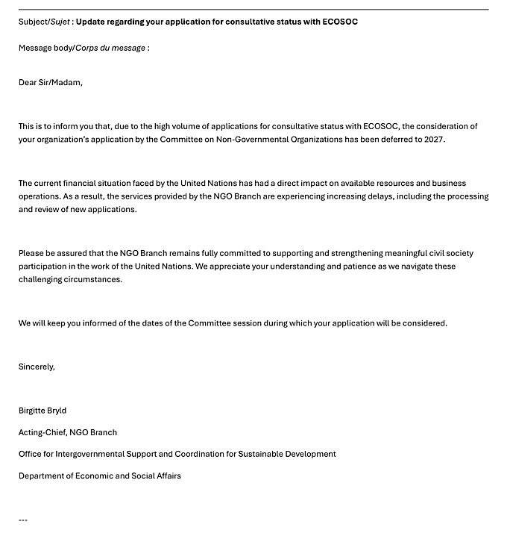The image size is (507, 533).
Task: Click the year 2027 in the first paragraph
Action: (x=434, y=140)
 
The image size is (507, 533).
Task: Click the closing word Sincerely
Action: (x=37, y=367)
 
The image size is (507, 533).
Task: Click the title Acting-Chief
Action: (x=42, y=432)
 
